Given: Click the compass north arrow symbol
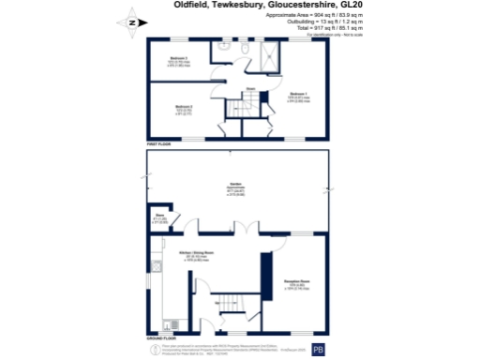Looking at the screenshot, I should (x=131, y=22).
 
